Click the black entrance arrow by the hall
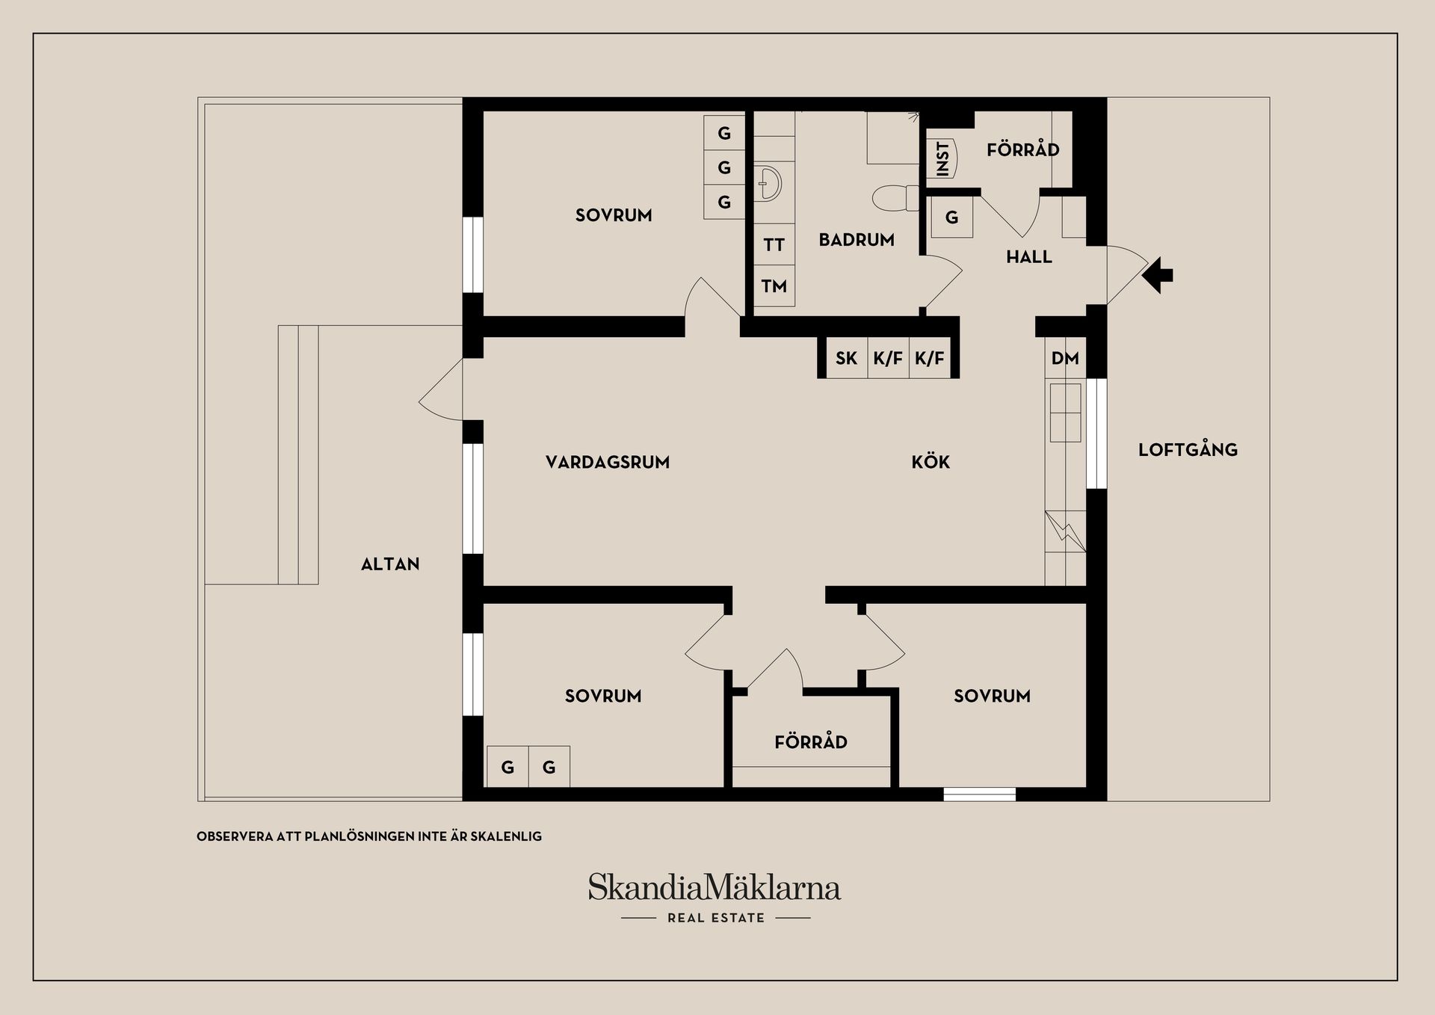[x=1158, y=275]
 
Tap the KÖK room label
[x=931, y=462]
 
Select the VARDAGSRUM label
[x=608, y=462]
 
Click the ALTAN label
[x=390, y=564]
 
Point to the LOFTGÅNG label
[x=1188, y=450]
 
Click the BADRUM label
[x=857, y=240]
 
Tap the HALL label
[x=1028, y=257]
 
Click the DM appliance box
[x=1065, y=358]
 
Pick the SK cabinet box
[x=846, y=358]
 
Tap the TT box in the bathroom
[x=774, y=244]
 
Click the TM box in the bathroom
[x=774, y=286]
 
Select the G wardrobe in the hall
[x=951, y=217]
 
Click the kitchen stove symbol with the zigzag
[x=1064, y=531]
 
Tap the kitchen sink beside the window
[x=1065, y=413]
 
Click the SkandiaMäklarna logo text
[x=715, y=888]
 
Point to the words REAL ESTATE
[x=716, y=918]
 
